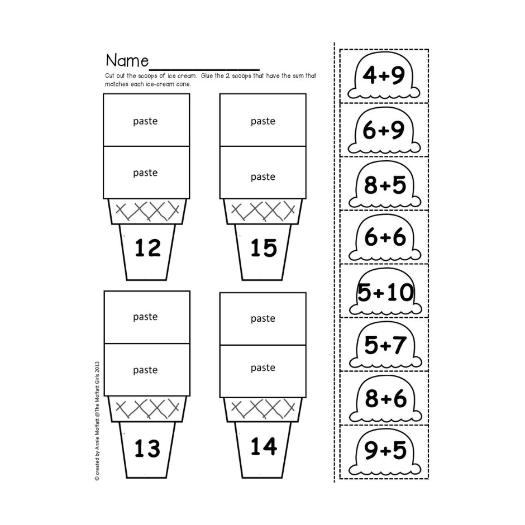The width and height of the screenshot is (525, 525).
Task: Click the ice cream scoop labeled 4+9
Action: (384, 76)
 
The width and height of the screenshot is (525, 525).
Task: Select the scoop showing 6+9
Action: (384, 131)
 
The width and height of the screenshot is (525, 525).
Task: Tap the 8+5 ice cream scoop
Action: (384, 185)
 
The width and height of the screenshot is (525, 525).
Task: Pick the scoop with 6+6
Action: (384, 238)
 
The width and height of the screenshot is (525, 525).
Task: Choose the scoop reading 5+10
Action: (385, 292)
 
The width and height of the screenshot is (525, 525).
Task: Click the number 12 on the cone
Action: (147, 248)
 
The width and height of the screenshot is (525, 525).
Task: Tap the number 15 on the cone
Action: (264, 248)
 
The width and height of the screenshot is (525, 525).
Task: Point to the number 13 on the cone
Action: (147, 448)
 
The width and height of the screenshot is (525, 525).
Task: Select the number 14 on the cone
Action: (264, 446)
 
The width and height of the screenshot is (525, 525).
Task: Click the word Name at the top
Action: (127, 61)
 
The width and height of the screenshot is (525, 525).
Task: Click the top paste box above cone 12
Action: (146, 120)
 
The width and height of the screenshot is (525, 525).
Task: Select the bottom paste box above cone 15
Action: (263, 173)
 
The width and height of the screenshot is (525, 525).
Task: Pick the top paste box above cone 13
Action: (147, 317)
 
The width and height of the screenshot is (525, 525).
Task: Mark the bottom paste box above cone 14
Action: (263, 371)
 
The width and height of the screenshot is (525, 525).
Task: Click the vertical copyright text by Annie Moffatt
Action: (97, 421)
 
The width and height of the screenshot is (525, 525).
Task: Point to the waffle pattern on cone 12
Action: (147, 211)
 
